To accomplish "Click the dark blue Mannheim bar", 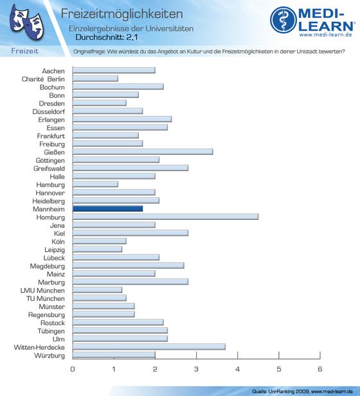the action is click(107, 208).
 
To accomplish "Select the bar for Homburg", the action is click(165, 217).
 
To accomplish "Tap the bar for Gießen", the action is click(143, 152).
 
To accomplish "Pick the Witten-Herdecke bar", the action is click(149, 346).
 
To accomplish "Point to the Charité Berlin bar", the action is click(95, 78).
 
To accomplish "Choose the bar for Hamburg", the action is click(95, 184).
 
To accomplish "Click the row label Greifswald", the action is click(49, 168).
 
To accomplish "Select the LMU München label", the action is click(42, 291).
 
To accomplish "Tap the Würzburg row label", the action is click(50, 355).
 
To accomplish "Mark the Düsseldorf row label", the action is click(48, 112).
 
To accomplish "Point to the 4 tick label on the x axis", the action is click(237, 369).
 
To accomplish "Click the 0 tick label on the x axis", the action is click(73, 369).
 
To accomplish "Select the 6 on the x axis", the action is click(320, 369).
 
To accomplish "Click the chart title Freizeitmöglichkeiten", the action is click(122, 14).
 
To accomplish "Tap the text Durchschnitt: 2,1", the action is click(107, 37).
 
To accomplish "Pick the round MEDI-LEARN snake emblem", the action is click(283, 20).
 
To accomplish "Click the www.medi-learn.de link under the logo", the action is click(326, 35).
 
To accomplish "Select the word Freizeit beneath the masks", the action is click(25, 51).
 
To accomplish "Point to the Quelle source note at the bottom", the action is click(302, 392).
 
